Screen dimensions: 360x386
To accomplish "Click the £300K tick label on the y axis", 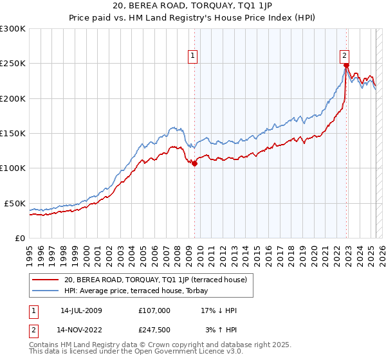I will click(x=13, y=29).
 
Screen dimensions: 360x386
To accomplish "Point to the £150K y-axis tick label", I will click(x=13, y=133).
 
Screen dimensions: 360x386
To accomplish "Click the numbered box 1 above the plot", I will click(x=194, y=56).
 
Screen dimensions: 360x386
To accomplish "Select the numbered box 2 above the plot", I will click(x=345, y=56).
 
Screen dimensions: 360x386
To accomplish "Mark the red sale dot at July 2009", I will click(x=194, y=163).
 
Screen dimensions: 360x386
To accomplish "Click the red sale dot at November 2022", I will click(x=346, y=66).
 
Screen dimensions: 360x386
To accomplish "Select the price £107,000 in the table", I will click(x=154, y=310).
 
